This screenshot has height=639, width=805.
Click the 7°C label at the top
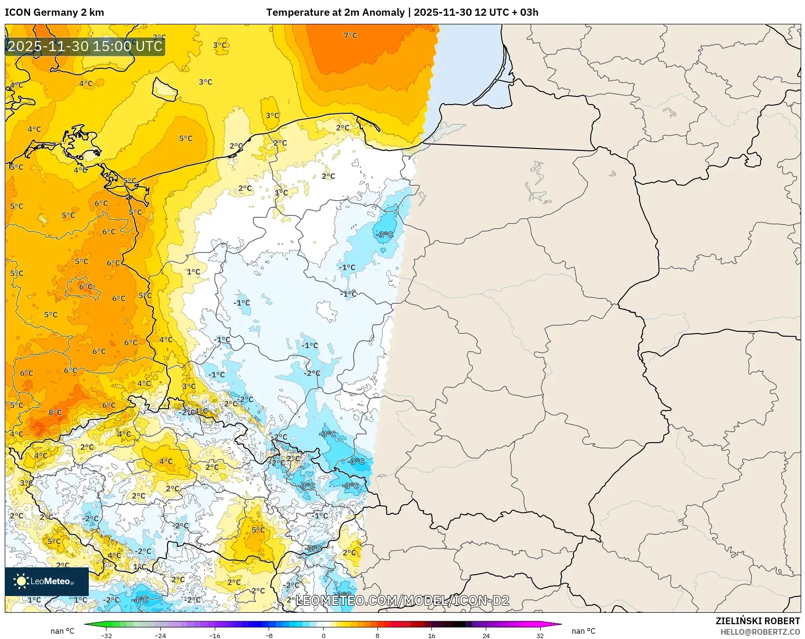[x=350, y=35]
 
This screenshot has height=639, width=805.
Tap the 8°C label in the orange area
[x=55, y=413]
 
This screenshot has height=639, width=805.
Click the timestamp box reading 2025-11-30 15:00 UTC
[x=85, y=46]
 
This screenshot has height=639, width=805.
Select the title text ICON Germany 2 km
[x=54, y=12]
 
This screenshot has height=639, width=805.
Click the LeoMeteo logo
[x=47, y=581]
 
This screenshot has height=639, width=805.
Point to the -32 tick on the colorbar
[x=106, y=635]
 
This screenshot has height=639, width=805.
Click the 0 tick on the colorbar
[x=324, y=635]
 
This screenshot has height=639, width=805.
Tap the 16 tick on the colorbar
[x=431, y=635]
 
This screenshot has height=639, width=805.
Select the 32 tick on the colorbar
[x=540, y=635]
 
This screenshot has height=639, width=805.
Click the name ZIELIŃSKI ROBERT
[x=757, y=621]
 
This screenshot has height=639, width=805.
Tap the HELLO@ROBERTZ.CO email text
[x=760, y=632]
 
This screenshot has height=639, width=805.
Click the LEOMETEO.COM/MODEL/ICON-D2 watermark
[x=402, y=600]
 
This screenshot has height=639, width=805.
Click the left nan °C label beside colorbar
[x=63, y=631]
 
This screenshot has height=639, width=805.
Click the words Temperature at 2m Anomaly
[x=335, y=12]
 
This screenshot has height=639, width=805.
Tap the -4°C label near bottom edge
[x=141, y=599]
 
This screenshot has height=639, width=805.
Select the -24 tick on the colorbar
[x=160, y=635]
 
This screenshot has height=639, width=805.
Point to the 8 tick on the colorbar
[x=377, y=635]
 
